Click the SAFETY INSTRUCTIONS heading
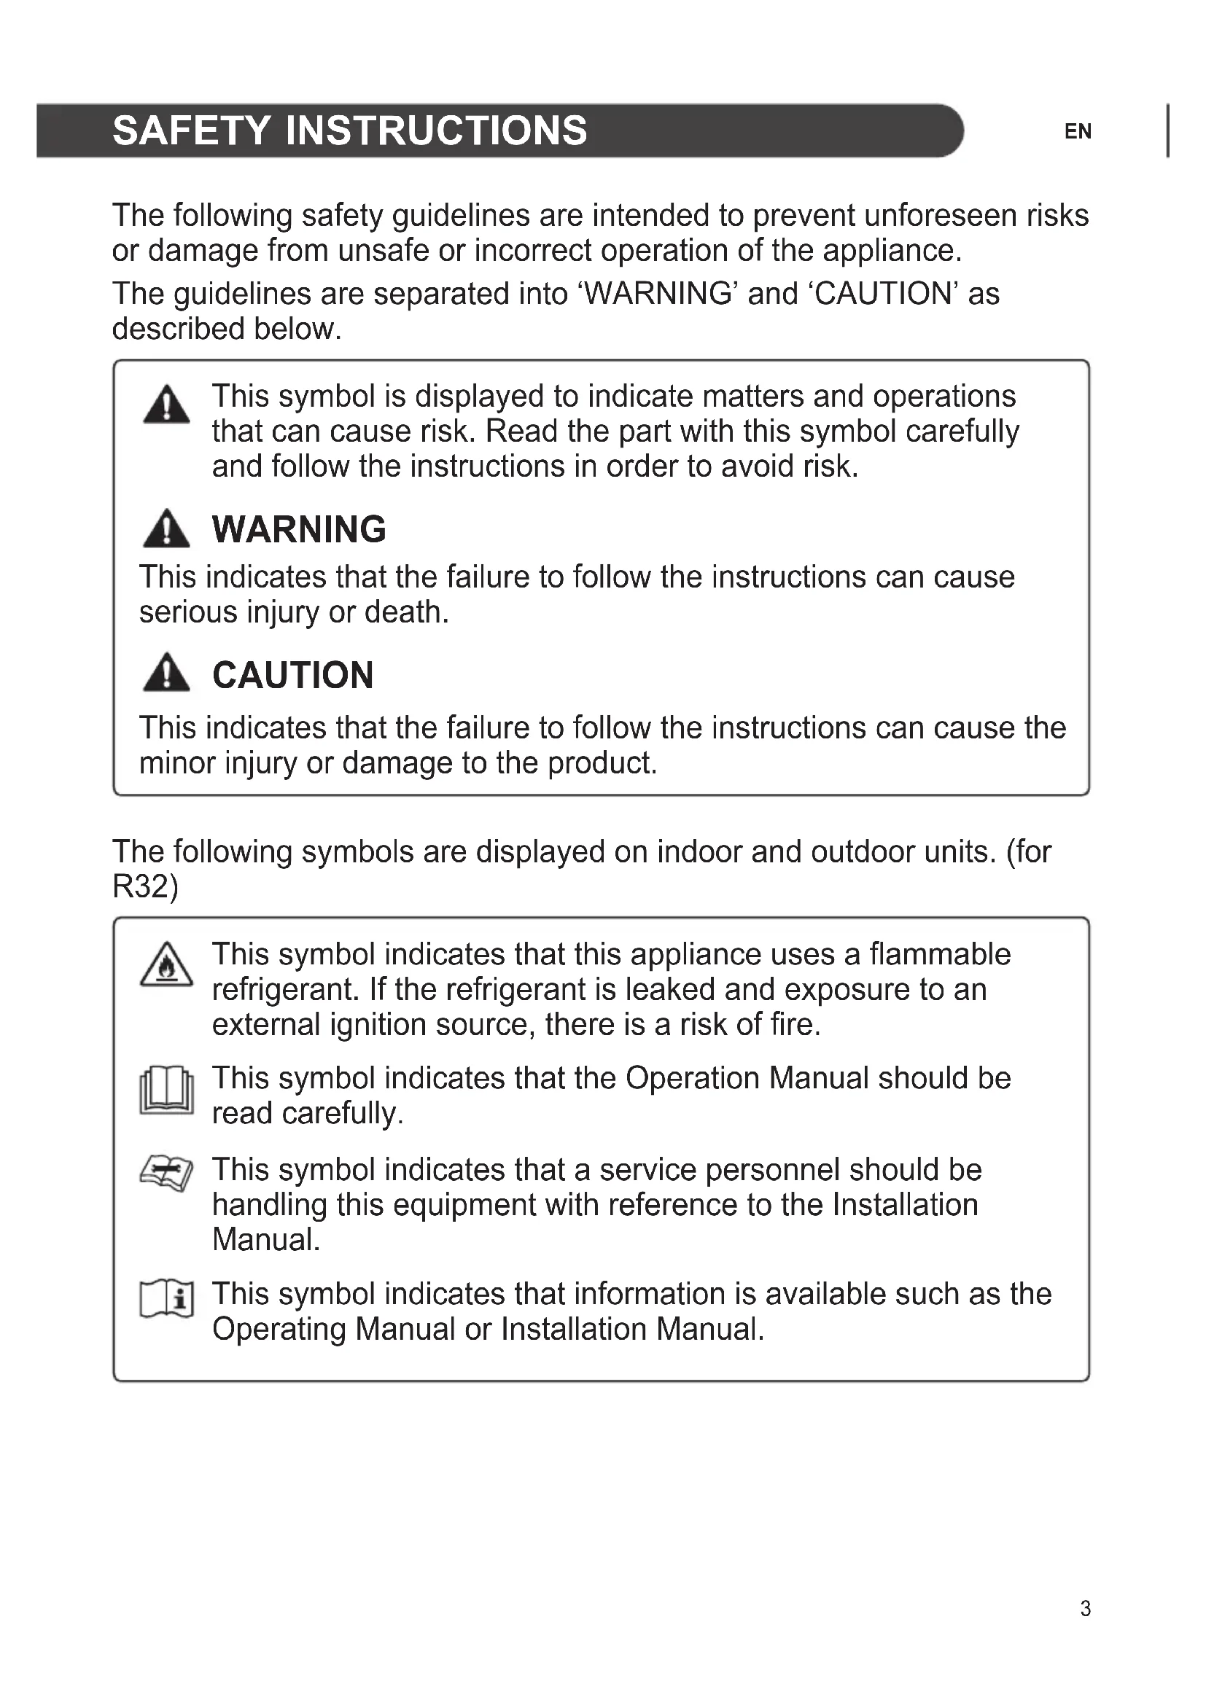click(x=349, y=130)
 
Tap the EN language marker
click(x=1078, y=132)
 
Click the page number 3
click(x=1085, y=1609)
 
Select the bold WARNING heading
click(x=298, y=529)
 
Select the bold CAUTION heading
click(x=292, y=676)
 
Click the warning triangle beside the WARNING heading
click(x=166, y=528)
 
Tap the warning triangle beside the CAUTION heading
click(x=166, y=674)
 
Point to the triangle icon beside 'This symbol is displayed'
click(x=166, y=405)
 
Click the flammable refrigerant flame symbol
click(x=166, y=964)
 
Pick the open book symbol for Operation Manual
click(x=166, y=1090)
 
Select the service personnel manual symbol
click(x=166, y=1174)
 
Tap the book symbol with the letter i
click(x=166, y=1299)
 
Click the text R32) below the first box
click(x=146, y=886)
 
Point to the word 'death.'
click(x=406, y=612)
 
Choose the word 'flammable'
click(x=939, y=954)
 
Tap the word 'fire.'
click(x=795, y=1025)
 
